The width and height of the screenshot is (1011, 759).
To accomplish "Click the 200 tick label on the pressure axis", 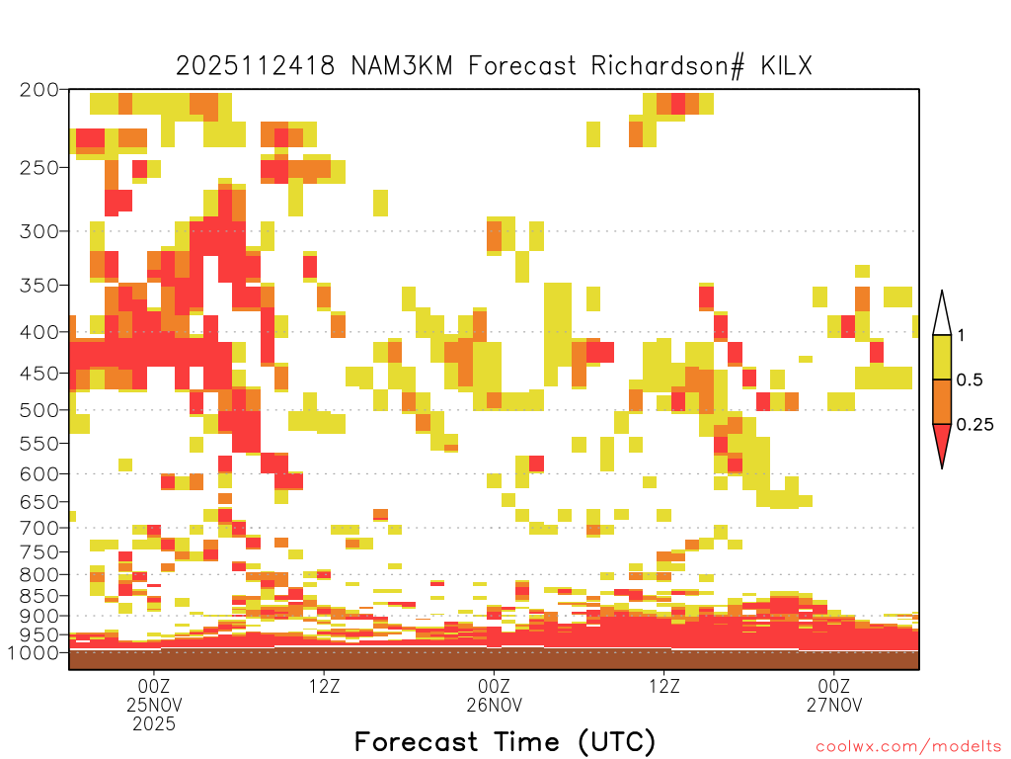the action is (x=39, y=90).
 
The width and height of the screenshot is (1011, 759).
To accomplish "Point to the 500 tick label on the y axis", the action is (x=39, y=410).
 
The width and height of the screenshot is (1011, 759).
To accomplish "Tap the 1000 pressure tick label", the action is (x=34, y=652).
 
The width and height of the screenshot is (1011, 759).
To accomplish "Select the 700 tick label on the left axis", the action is (x=39, y=528).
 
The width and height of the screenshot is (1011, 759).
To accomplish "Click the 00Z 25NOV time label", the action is (x=154, y=695).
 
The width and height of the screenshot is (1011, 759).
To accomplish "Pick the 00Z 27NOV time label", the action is (x=834, y=695).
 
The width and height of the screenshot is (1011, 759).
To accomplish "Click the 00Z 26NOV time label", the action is (x=495, y=695).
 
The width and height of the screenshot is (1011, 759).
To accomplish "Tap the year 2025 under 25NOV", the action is (x=154, y=724).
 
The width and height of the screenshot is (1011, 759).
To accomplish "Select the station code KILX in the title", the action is (x=786, y=66).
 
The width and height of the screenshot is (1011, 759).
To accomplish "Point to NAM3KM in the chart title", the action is (x=402, y=66).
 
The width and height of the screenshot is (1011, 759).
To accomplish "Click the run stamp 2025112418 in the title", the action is (x=256, y=66).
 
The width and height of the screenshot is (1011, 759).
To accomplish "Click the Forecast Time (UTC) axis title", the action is (x=505, y=741).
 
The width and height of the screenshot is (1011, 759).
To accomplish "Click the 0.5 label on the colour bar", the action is (x=970, y=379).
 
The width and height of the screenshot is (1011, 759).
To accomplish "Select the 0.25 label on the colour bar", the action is (x=974, y=424).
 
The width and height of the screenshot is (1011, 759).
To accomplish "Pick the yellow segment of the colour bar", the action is (x=942, y=357).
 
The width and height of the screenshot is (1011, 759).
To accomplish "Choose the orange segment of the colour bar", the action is (x=942, y=401).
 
